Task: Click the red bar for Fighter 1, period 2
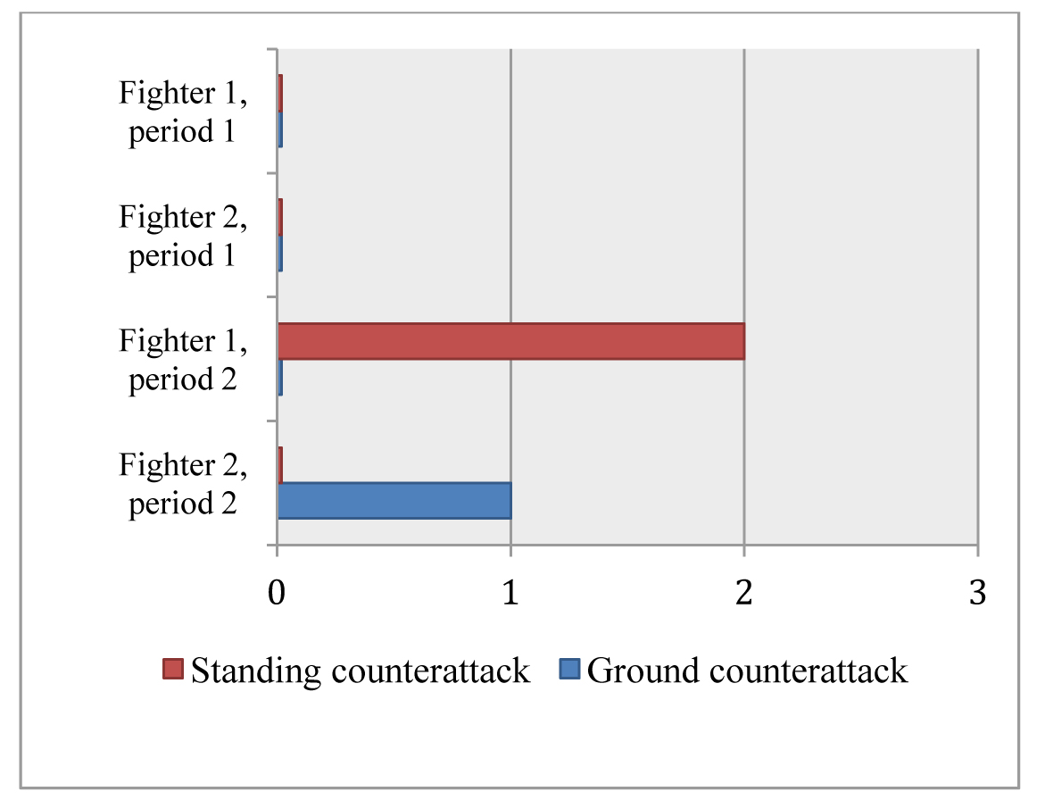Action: pyautogui.click(x=510, y=341)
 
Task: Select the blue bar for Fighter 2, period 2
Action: pyautogui.click(x=394, y=500)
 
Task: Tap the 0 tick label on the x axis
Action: pyautogui.click(x=277, y=594)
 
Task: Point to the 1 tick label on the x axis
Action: pyautogui.click(x=510, y=594)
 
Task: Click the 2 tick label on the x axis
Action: pyautogui.click(x=743, y=594)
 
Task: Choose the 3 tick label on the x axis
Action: pyautogui.click(x=977, y=594)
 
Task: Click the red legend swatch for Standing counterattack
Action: pyautogui.click(x=173, y=669)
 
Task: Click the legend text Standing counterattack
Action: pyautogui.click(x=361, y=670)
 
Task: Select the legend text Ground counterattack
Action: pyautogui.click(x=747, y=670)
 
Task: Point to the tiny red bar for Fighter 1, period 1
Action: pyautogui.click(x=280, y=93)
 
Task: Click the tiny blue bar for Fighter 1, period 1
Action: pyautogui.click(x=280, y=129)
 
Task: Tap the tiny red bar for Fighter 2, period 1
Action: pyautogui.click(x=280, y=217)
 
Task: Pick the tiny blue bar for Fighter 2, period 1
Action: pyautogui.click(x=280, y=254)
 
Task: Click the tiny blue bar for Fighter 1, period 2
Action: pyautogui.click(x=280, y=377)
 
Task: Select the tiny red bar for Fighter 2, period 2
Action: pyautogui.click(x=280, y=464)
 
